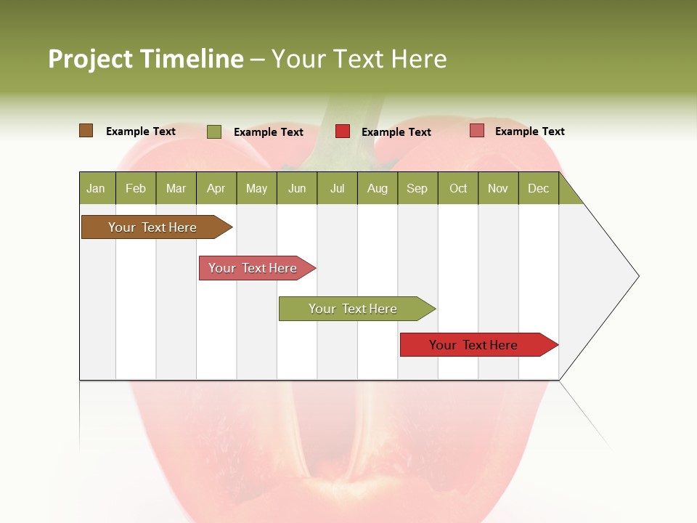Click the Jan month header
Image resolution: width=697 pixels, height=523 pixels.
pyautogui.click(x=97, y=188)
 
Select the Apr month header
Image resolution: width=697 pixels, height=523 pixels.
pyautogui.click(x=216, y=188)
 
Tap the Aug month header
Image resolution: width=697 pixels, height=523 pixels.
pyautogui.click(x=378, y=188)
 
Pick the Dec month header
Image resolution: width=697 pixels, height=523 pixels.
pyautogui.click(x=539, y=188)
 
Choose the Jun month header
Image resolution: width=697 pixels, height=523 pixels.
pyautogui.click(x=297, y=188)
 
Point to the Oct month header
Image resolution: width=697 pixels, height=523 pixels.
pyautogui.click(x=458, y=188)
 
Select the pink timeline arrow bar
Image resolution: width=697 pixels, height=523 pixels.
pyautogui.click(x=254, y=268)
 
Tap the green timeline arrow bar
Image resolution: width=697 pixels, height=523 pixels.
pyautogui.click(x=354, y=309)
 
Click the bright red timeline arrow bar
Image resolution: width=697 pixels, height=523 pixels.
pyautogui.click(x=476, y=345)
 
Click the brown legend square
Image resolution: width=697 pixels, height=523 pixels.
pyautogui.click(x=86, y=131)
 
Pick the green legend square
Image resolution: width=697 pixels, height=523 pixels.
pyautogui.click(x=214, y=131)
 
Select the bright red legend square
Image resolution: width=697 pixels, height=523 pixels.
pyautogui.click(x=343, y=131)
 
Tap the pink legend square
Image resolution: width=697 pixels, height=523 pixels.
pyautogui.click(x=476, y=131)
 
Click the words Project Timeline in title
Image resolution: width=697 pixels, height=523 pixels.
pyautogui.click(x=145, y=59)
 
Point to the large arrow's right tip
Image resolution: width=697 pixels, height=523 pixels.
pyautogui.click(x=637, y=276)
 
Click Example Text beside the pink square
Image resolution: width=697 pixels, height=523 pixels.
pyautogui.click(x=529, y=131)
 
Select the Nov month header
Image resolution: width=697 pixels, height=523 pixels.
pyautogui.click(x=498, y=188)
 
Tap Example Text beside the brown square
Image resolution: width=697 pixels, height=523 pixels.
pyautogui.click(x=141, y=131)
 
